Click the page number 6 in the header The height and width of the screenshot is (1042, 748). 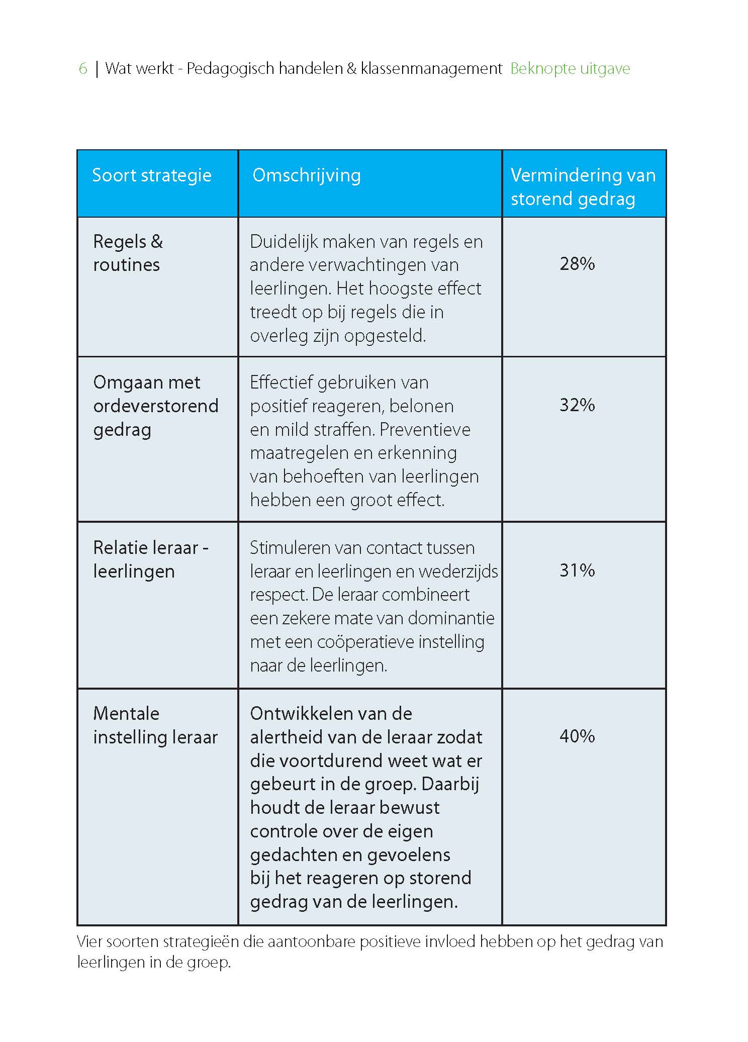[x=83, y=68]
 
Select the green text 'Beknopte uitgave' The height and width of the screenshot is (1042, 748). [x=570, y=68]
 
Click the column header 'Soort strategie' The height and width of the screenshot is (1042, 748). [x=152, y=175]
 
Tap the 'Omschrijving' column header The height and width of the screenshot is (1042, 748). [x=307, y=175]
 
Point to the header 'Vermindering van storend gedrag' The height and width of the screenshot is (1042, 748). [x=583, y=187]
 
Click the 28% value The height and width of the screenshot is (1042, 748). [x=577, y=264]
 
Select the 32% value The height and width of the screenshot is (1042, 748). [x=577, y=405]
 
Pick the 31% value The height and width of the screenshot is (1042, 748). [x=577, y=571]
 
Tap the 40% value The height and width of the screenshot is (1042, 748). [x=577, y=736]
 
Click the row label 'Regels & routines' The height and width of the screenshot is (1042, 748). [x=128, y=253]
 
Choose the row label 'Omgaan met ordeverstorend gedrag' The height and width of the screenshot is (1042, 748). [x=155, y=406]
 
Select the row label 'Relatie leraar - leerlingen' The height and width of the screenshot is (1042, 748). [x=150, y=559]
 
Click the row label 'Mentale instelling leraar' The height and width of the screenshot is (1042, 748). [x=155, y=725]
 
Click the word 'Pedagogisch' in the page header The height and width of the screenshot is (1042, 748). [x=231, y=68]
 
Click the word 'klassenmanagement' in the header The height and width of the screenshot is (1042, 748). [x=431, y=68]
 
